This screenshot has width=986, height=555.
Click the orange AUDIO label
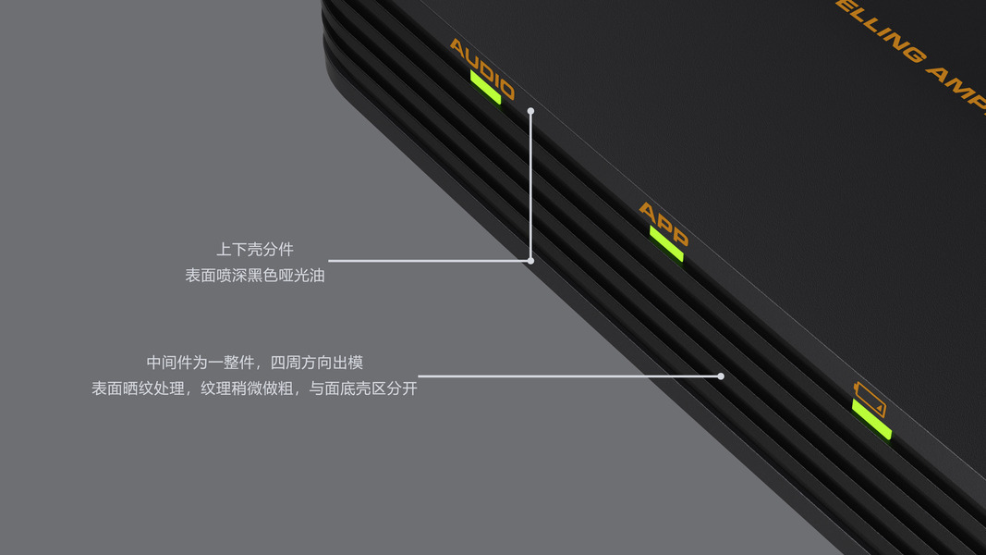[x=481, y=68]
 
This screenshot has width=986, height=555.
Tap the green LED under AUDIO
[x=486, y=88]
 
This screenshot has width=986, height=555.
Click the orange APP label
[x=663, y=225]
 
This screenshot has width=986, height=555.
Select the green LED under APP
[x=666, y=244]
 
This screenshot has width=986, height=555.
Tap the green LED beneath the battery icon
[x=871, y=419]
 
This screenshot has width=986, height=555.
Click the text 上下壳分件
[x=255, y=250]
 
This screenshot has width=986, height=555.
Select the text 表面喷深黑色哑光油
[x=255, y=275]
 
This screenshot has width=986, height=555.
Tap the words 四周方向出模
[x=316, y=363]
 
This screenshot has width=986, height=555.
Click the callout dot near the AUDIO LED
[x=531, y=111]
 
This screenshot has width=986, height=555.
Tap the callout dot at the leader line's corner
[x=530, y=261]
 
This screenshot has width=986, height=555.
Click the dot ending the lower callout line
[x=721, y=376]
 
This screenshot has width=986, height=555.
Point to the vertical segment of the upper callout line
[x=531, y=185]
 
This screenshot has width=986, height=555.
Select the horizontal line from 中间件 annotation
[x=568, y=376]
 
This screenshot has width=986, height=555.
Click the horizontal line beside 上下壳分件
[x=430, y=261]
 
